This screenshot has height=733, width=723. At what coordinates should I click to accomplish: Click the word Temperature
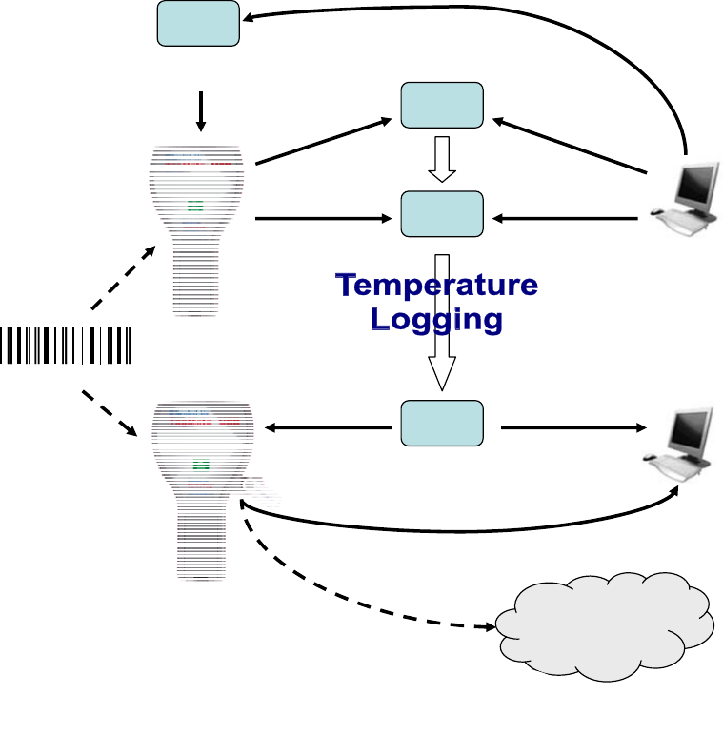437,285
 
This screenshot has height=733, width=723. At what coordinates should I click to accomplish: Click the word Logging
437,319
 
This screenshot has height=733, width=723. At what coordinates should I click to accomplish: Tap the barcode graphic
66,345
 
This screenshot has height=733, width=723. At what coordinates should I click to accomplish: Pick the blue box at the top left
197,23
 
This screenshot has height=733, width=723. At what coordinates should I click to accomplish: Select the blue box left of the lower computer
441,424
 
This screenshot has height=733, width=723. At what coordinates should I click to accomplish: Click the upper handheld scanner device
199,228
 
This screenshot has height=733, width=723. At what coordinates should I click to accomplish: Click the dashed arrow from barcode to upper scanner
124,278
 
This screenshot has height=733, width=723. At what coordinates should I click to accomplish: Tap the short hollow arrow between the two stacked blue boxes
441,159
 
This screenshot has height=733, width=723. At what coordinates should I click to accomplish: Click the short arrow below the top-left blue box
200,111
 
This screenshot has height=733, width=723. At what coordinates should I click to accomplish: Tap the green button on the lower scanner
201,466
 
